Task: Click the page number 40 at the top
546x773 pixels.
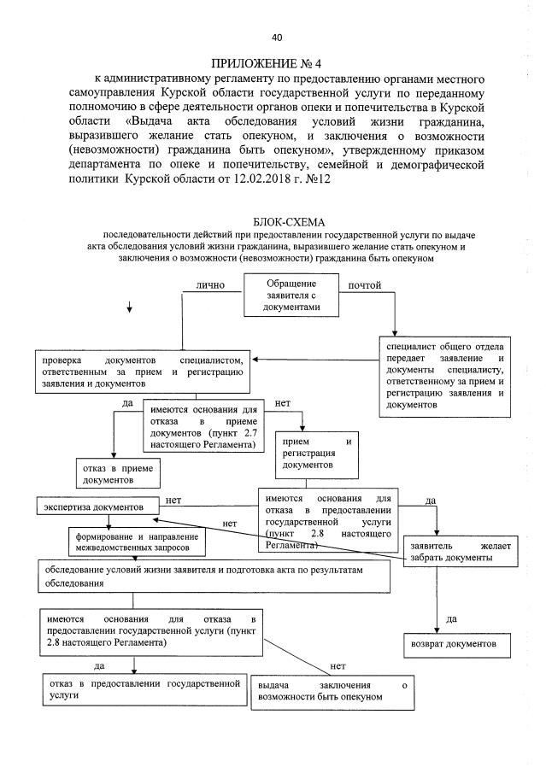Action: [276, 37]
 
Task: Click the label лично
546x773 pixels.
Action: [209, 285]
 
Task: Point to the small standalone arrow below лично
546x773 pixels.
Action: [129, 308]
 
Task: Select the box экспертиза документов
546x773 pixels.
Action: [97, 507]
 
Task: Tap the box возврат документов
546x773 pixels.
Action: [456, 641]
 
